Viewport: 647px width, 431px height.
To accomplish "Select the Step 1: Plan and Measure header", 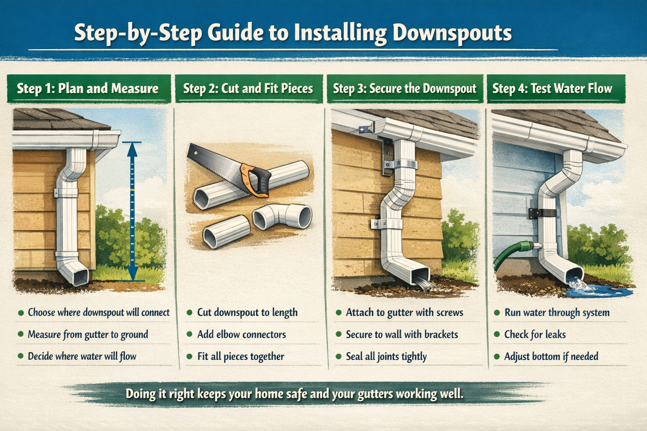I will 88,88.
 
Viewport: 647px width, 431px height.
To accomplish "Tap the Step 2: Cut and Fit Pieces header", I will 248,88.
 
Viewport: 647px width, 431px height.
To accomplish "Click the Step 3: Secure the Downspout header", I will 404,88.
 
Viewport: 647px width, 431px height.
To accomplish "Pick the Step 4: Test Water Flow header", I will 552,88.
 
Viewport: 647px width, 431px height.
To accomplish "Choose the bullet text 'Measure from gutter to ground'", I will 88,335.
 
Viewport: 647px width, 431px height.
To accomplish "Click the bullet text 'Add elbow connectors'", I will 241,335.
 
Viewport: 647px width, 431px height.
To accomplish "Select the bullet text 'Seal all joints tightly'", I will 386,357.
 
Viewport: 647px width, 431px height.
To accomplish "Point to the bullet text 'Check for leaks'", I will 535,335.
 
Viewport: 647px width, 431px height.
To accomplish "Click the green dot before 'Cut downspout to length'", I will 190,313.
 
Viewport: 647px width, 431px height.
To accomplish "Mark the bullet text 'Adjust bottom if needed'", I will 551,357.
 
